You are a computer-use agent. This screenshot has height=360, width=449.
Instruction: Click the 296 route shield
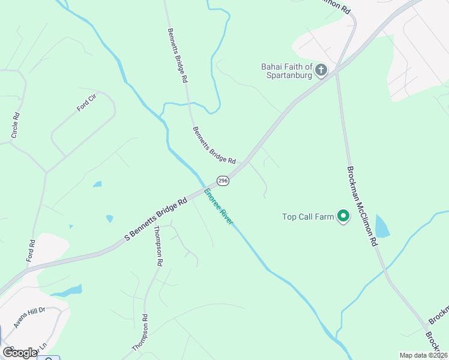pos(223,181)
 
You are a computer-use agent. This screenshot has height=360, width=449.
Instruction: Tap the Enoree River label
pos(218,206)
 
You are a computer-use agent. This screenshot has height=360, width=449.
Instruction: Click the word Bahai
pos(273,67)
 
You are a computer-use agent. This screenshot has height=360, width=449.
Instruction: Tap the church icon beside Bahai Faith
pos(321,71)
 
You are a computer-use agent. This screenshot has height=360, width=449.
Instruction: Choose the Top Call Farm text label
pos(307,217)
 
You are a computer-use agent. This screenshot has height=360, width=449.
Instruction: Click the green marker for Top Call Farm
pos(343,216)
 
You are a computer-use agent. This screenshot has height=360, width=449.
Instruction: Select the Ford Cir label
pos(86,103)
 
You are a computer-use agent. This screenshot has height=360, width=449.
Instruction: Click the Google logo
pos(20,352)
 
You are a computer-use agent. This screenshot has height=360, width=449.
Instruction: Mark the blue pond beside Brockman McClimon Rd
pos(382,226)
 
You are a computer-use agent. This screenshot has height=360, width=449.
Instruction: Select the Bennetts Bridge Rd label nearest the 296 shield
pos(214,145)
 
